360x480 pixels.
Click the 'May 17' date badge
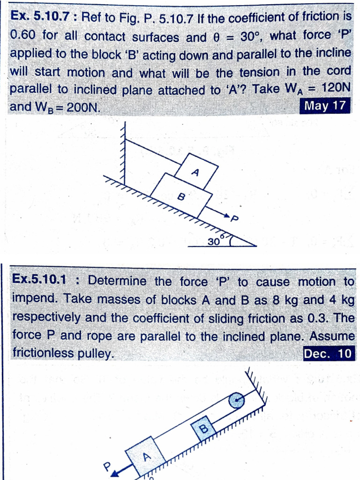[x=325, y=105]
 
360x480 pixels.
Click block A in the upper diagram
[x=197, y=170]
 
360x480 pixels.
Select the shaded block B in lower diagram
[x=203, y=428]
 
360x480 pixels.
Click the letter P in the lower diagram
[x=107, y=465]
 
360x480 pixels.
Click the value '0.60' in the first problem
[x=23, y=36]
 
